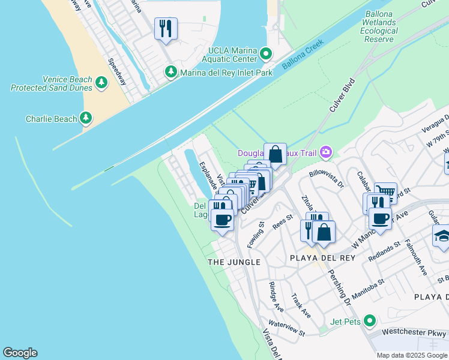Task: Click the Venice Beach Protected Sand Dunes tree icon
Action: tap(101, 82)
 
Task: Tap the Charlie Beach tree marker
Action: tap(86, 118)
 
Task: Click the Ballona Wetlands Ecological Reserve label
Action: tap(379, 26)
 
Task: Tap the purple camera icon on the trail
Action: tap(326, 152)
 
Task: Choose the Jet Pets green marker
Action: tap(369, 321)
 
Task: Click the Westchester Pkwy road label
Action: tap(414, 334)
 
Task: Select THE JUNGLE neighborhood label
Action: tap(234, 262)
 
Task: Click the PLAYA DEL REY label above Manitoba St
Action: tap(322, 257)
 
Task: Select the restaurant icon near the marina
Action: tap(165, 28)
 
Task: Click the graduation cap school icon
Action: tap(442, 235)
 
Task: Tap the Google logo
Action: tap(20, 353)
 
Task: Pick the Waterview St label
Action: tap(287, 328)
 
